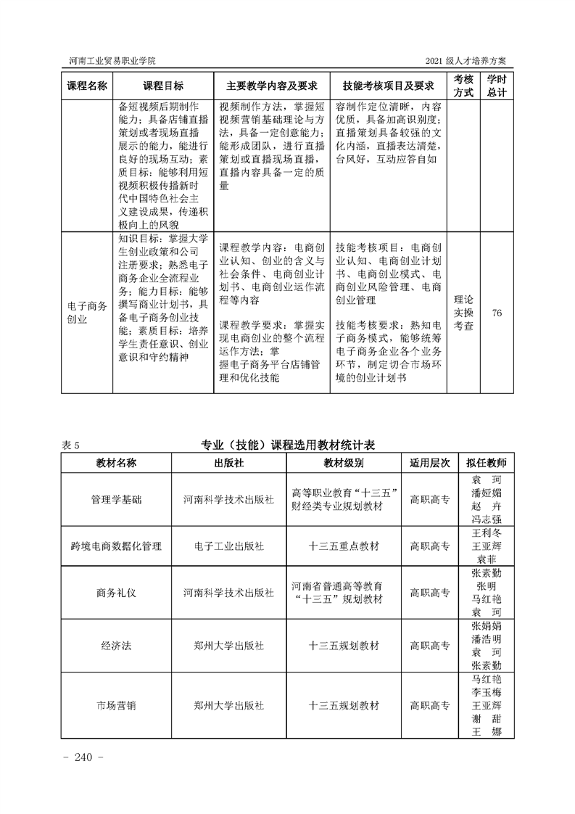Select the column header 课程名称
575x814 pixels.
(87, 86)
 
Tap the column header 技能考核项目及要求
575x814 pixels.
(388, 86)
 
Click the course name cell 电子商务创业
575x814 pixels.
(87, 313)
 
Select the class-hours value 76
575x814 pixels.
(497, 313)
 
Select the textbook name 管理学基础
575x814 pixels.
(117, 499)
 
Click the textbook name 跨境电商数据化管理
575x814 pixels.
(117, 546)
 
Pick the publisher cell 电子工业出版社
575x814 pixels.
(228, 546)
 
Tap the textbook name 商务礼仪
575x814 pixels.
(117, 592)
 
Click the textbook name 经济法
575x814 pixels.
(117, 645)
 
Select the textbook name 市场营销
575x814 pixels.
(117, 704)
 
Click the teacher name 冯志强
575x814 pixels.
(487, 519)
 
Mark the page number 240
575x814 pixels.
(85, 758)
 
